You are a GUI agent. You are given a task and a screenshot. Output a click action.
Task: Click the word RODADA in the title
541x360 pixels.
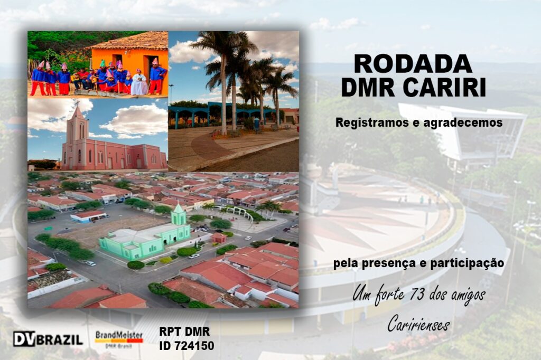pos(413,64)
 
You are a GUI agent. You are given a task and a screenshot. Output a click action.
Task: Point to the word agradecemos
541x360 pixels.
pos(463,123)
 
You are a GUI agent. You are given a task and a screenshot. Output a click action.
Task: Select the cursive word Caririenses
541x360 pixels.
pos(418,324)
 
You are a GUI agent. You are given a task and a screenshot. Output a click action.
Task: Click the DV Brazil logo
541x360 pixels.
pos(48,339)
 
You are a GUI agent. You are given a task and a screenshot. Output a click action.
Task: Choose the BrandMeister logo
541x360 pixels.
pos(119,339)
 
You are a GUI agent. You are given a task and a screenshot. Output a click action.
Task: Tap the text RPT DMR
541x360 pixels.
pos(184,331)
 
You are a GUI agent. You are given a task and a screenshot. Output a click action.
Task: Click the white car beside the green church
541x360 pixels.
pos(194,256)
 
